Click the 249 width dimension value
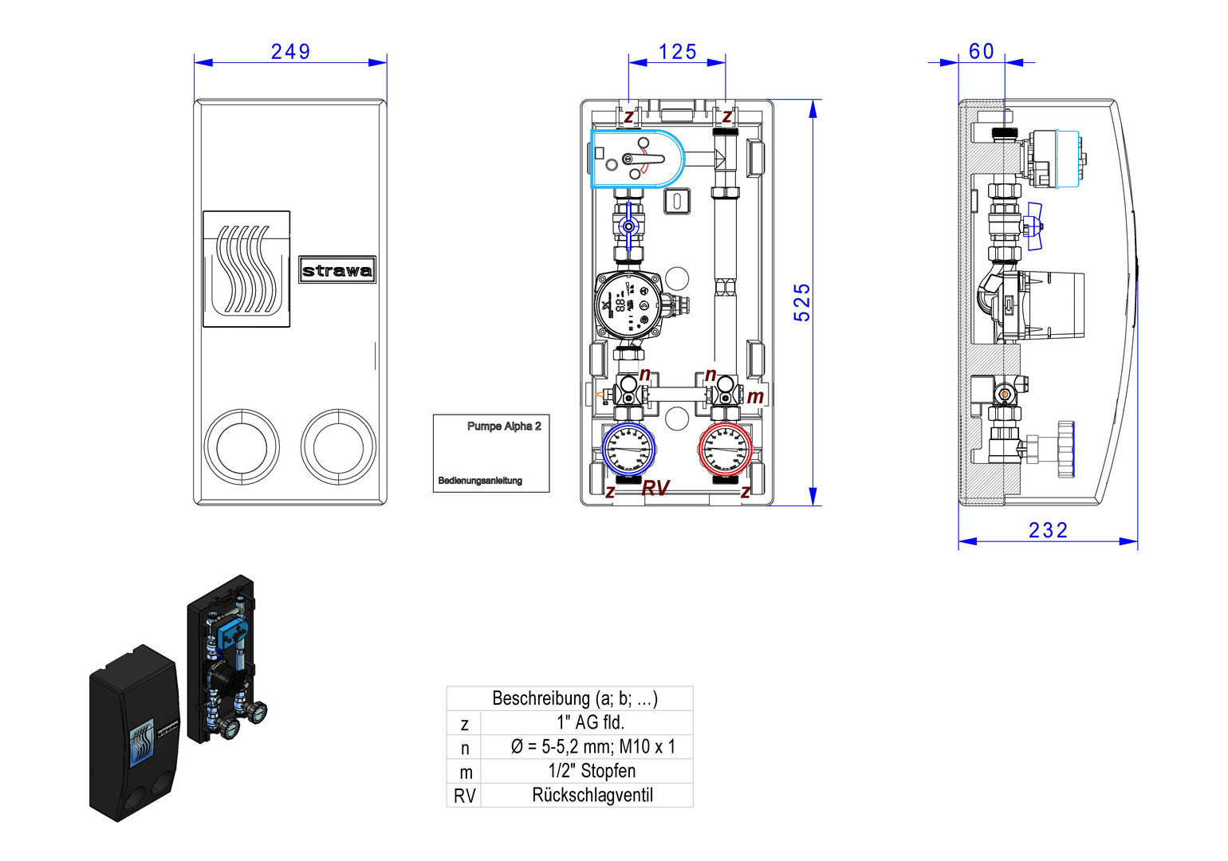tap(290, 52)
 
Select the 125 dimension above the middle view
tap(677, 52)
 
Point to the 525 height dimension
tap(802, 302)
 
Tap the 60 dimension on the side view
tap(982, 52)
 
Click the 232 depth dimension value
tap(1048, 530)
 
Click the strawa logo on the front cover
tap(337, 270)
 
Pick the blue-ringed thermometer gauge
tap(628, 449)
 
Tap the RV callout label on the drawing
tap(655, 488)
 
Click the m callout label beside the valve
tap(755, 396)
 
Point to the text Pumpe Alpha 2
tap(504, 427)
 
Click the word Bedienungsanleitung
tap(480, 481)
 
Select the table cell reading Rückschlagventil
tap(592, 795)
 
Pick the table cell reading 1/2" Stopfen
tap(592, 771)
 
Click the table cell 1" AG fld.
tap(590, 722)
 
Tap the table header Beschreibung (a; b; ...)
tap(574, 698)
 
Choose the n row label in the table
tap(465, 748)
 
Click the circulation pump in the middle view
tap(628, 305)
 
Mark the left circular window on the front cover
tap(242, 446)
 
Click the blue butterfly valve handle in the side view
tap(1034, 226)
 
